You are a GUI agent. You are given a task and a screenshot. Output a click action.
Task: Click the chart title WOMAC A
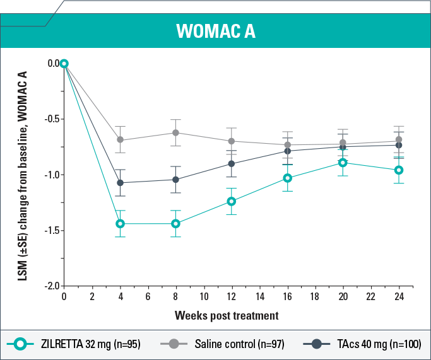215,32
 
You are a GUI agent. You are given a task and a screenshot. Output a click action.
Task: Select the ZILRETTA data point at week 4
120,224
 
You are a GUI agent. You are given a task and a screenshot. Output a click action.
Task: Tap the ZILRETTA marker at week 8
175,224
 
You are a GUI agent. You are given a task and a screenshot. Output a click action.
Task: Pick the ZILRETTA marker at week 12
232,201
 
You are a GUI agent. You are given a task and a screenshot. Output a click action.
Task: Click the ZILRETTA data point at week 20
343,163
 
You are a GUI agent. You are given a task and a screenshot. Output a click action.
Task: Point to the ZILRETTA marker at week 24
399,170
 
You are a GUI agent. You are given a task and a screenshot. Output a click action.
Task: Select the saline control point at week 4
120,140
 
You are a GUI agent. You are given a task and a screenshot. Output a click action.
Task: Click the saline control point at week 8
175,132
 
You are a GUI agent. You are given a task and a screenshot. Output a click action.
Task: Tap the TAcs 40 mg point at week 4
120,183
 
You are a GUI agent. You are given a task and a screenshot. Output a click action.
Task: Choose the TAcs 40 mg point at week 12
232,164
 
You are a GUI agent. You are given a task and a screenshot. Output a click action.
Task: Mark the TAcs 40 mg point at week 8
175,180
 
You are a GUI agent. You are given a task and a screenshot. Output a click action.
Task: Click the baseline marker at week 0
64,63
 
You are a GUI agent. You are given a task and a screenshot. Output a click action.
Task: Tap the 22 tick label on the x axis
370,296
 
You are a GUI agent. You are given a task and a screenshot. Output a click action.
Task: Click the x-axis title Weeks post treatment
231,313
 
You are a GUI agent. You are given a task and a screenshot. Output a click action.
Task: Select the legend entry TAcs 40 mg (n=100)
363,344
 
